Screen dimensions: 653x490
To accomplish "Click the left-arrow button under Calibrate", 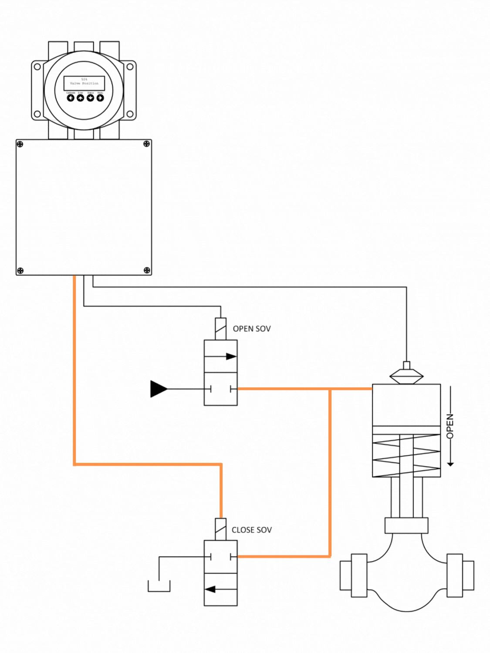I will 71,98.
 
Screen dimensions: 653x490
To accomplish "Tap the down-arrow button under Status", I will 90,98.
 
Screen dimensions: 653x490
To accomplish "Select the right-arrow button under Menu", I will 100,98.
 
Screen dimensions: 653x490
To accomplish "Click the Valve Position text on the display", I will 84,83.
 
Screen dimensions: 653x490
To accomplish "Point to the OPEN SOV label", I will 252,329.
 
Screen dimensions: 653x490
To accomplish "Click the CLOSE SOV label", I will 252,530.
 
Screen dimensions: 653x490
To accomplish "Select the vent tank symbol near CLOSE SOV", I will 159,586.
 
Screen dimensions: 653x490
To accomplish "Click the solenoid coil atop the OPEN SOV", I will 221,329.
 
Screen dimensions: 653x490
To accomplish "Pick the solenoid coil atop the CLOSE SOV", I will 221,529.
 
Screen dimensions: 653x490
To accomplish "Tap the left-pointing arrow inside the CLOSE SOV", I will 211,589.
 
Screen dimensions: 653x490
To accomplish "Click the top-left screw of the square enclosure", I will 20,144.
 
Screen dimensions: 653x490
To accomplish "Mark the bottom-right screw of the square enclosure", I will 147,270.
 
